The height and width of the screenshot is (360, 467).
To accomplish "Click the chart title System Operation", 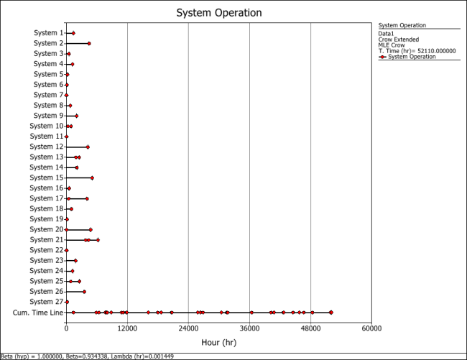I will (219, 13).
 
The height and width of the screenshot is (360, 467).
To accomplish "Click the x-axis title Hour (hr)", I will (219, 342).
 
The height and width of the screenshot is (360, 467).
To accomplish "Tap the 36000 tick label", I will (249, 328).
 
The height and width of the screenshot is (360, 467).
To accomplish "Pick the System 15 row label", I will (47, 177).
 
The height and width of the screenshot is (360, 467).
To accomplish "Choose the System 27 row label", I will (47, 302).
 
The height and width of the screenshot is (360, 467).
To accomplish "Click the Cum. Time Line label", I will (38, 313).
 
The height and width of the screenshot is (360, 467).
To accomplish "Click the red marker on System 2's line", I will (89, 43).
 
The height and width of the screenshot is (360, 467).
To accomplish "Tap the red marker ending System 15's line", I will (92, 177).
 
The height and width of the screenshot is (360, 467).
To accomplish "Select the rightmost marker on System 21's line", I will (98, 240).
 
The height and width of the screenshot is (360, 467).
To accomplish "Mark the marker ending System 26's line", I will (84, 292).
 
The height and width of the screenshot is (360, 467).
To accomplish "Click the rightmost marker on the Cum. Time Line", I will (331, 313).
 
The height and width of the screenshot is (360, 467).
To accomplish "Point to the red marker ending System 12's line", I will (88, 147).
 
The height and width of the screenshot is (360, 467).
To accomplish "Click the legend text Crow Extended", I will (399, 40).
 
